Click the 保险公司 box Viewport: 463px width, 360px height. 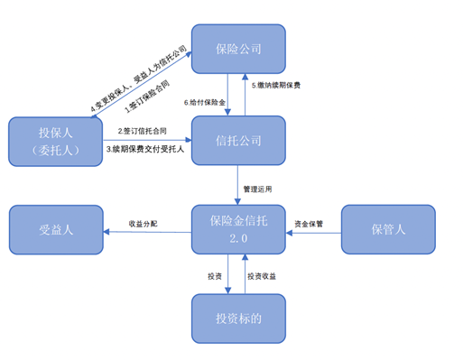(x=237, y=49)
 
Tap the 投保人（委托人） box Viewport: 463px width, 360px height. (x=55, y=142)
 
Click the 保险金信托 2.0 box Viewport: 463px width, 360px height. (x=237, y=229)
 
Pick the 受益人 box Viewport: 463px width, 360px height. (x=55, y=229)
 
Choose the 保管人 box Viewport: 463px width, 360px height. (x=388, y=229)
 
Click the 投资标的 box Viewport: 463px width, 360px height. (x=237, y=318)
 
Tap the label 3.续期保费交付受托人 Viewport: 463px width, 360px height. (x=145, y=149)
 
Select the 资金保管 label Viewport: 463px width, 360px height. (x=309, y=223)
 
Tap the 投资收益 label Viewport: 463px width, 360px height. (x=263, y=276)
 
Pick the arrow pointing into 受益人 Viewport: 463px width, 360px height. (x=144, y=233)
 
